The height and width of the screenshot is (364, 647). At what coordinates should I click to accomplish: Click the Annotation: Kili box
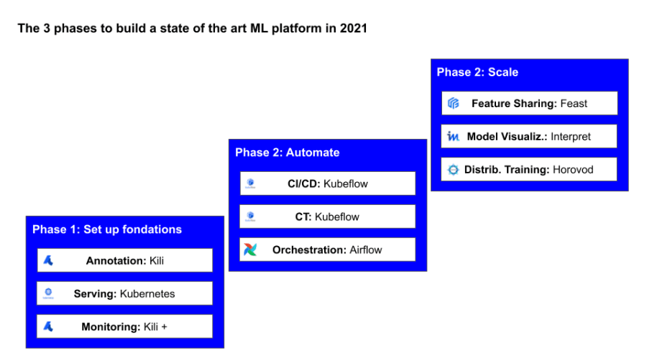[x=124, y=260]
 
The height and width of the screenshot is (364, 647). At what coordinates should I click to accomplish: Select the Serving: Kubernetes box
[x=124, y=294]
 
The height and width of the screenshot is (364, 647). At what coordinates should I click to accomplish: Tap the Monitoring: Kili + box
[x=124, y=327]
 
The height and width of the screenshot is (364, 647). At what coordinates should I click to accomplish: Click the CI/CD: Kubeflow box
[x=327, y=183]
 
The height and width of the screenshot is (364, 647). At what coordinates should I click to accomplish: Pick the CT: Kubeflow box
[x=327, y=217]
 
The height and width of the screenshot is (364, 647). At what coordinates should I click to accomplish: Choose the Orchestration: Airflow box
[x=327, y=250]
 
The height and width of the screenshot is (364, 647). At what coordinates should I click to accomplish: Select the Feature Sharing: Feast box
[x=529, y=104]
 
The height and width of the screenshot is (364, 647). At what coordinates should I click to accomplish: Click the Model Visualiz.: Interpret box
[x=529, y=137]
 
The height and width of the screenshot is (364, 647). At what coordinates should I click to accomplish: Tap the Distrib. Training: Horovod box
[x=529, y=170]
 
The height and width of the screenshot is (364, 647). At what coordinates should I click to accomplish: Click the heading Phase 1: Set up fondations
[x=107, y=229]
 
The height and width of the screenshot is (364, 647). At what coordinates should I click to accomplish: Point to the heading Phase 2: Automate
[x=287, y=153]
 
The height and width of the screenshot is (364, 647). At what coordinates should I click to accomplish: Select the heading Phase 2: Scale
[x=477, y=72]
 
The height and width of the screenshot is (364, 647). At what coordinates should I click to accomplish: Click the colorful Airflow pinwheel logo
[x=249, y=250]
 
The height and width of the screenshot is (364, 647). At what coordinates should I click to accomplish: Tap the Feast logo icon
[x=453, y=104]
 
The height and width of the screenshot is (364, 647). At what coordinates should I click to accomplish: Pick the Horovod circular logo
[x=453, y=170]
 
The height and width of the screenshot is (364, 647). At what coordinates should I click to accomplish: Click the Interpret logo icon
[x=453, y=137]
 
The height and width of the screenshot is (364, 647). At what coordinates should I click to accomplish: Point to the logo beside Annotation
[x=48, y=260]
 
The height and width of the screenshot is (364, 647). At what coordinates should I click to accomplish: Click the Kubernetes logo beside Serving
[x=48, y=293]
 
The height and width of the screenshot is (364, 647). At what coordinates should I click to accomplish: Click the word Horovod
[x=573, y=170]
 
